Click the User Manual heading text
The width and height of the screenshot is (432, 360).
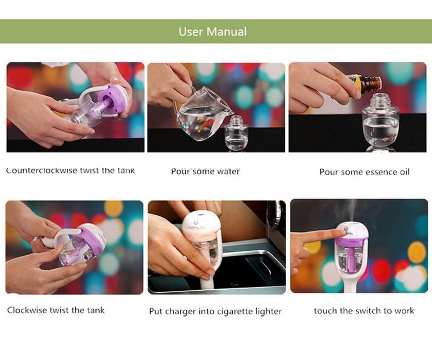coord(212,32)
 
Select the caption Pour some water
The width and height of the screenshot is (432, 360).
coord(205,171)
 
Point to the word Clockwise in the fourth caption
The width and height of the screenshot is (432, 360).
coord(24,310)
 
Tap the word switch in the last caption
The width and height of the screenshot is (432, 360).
coord(368,311)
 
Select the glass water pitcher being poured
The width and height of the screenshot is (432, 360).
coord(202,113)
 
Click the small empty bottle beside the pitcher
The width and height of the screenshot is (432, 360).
coord(236,134)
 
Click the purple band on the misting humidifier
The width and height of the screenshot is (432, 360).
coord(352,241)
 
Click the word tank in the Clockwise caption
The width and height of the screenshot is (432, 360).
coord(96,310)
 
